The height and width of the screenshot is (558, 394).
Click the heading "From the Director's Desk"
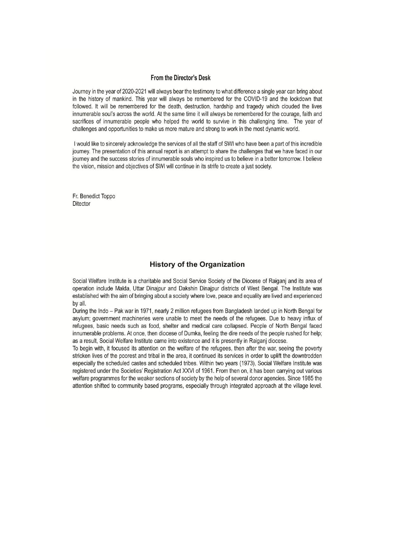click(x=180, y=78)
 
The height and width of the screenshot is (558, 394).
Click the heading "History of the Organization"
click(x=197, y=265)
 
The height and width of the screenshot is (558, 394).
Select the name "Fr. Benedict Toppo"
click(x=94, y=196)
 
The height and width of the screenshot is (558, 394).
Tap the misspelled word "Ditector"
click(x=81, y=204)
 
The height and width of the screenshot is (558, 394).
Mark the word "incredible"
click(x=309, y=144)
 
